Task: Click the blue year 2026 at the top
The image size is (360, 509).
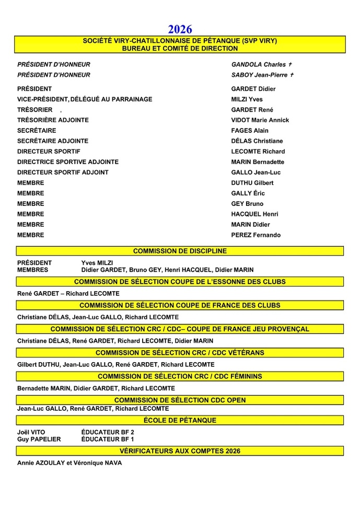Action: tap(180, 29)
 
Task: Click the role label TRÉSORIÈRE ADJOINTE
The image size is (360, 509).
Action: tap(53, 120)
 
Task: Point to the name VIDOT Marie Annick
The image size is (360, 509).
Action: tap(260, 120)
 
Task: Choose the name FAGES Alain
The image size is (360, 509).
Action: tap(250, 131)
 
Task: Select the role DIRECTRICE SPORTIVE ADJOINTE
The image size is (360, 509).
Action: tap(68, 162)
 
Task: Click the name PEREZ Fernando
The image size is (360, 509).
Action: tap(256, 235)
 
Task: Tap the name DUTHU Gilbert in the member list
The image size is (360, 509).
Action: tap(252, 183)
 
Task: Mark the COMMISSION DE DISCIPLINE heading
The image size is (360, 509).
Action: tap(180, 251)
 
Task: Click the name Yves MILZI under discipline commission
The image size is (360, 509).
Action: tap(97, 263)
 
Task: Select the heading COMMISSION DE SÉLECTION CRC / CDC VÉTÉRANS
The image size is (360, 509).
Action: tap(180, 353)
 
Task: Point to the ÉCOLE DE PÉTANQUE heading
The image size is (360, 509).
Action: tap(180, 420)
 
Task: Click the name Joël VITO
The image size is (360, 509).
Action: tap(31, 432)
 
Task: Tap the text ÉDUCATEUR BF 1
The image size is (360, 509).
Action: tap(108, 439)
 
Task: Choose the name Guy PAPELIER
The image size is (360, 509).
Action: tap(39, 439)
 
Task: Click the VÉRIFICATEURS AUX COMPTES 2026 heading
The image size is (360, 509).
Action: tap(180, 451)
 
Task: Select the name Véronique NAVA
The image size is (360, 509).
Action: tap(102, 463)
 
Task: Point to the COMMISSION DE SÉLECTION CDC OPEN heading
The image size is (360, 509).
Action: tap(180, 400)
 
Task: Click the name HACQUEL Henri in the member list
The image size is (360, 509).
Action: tap(254, 214)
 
